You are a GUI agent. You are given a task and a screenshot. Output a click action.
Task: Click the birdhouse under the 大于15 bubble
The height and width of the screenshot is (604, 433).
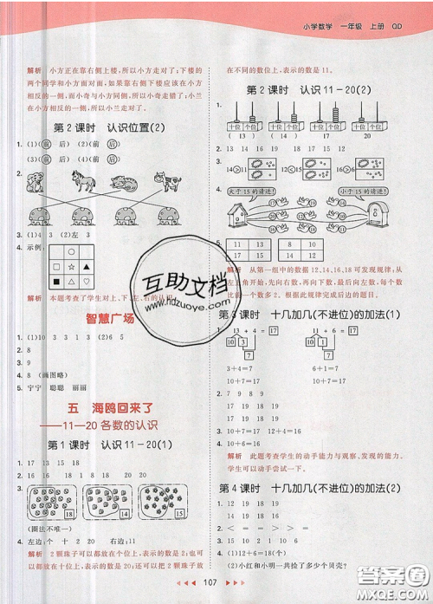(x=238, y=212)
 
